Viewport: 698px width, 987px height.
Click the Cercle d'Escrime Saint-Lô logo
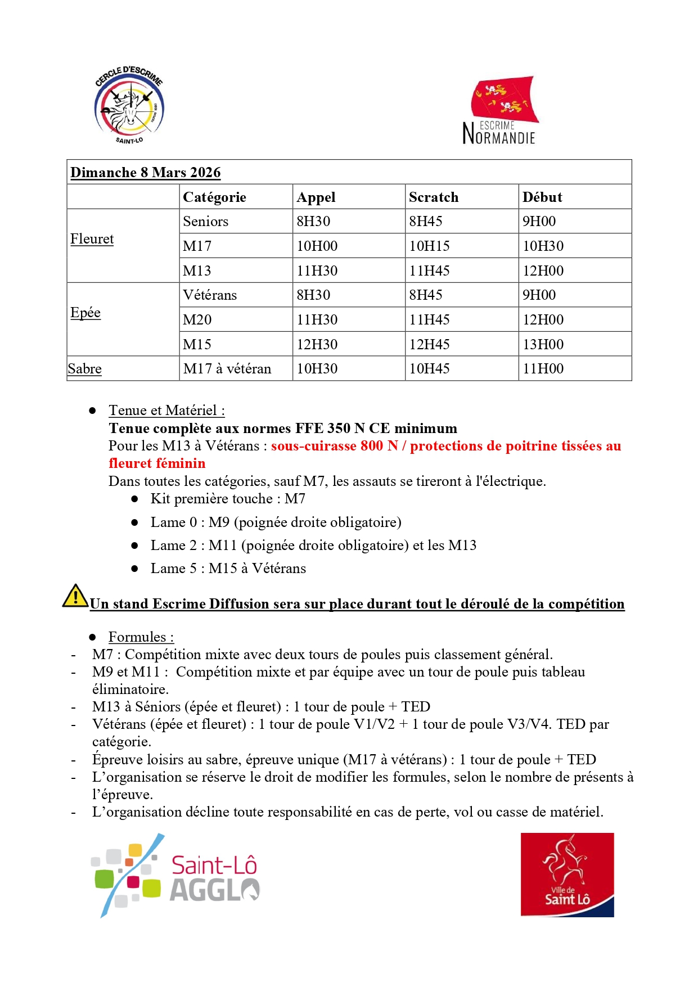click(x=129, y=105)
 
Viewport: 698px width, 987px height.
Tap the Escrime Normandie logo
click(x=501, y=111)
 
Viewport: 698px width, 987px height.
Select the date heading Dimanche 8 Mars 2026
click(x=145, y=173)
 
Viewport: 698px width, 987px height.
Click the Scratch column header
click(x=434, y=197)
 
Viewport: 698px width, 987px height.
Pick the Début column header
click(x=542, y=197)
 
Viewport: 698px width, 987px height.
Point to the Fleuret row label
click(x=92, y=239)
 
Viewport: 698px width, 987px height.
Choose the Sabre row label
click(x=85, y=369)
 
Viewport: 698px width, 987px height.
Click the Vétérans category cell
click(x=210, y=295)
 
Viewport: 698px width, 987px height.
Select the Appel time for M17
click(x=317, y=246)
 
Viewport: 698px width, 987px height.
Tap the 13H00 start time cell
click(x=543, y=344)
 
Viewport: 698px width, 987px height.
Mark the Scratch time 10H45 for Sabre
click(x=429, y=369)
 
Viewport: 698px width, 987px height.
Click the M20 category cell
click(x=197, y=320)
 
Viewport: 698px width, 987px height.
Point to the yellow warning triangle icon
click(x=75, y=596)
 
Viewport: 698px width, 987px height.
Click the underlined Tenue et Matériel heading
click(x=166, y=411)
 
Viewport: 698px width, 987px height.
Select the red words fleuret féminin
click(x=157, y=463)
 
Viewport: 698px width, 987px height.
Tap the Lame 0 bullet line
click(x=276, y=522)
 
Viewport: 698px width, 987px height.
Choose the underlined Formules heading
click(x=141, y=637)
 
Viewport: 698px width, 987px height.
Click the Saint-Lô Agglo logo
click(x=175, y=875)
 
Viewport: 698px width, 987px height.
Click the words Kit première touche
click(x=211, y=499)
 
